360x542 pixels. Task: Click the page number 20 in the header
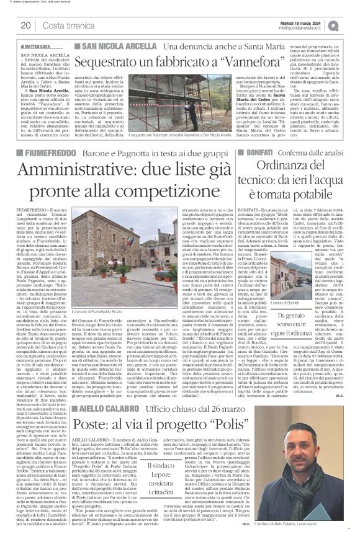tap(26, 25)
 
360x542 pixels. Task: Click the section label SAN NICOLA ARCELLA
tap(117, 47)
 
